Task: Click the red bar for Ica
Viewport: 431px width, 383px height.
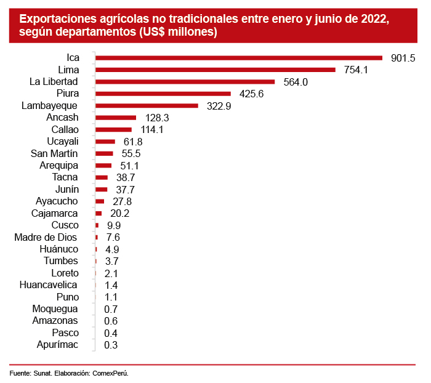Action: click(239, 58)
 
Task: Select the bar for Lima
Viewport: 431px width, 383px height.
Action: click(216, 70)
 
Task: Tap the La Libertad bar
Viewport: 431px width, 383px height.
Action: click(185, 82)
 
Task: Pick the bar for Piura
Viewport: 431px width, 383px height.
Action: click(163, 94)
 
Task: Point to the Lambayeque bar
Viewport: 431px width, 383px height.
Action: click(147, 106)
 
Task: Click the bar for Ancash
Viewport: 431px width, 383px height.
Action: click(116, 118)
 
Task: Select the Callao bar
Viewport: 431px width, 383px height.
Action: click(114, 129)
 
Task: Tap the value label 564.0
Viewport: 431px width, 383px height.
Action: click(295, 82)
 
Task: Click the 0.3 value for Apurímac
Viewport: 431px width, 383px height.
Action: click(111, 345)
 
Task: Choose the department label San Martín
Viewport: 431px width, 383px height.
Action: click(54, 153)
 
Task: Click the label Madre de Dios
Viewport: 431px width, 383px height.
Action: click(46, 237)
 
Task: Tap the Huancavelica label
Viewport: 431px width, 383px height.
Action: click(49, 285)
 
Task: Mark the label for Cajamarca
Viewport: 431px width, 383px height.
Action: click(54, 213)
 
